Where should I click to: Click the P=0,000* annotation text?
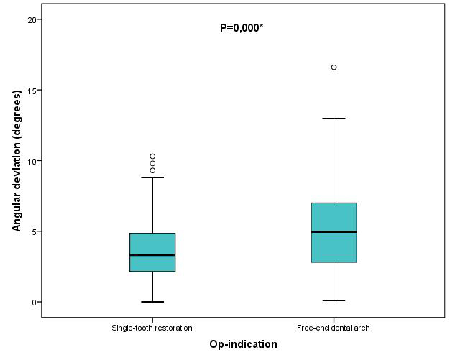tap(242, 28)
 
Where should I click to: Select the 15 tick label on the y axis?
tap(31, 90)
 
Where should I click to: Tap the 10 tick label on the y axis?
tap(31, 160)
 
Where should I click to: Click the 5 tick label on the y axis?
tap(34, 231)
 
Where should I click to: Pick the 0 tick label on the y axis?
tap(34, 302)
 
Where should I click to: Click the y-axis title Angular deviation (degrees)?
tap(17, 160)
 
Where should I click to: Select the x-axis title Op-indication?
tap(243, 344)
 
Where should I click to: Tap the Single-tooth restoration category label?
tap(152, 328)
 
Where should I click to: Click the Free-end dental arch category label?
tap(334, 328)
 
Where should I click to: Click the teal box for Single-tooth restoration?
tap(152, 244)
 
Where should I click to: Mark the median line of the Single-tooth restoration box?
tap(152, 255)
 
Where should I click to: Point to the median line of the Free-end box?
tap(334, 231)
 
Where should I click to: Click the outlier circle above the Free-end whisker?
tap(334, 68)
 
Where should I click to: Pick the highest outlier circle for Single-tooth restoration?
tap(152, 156)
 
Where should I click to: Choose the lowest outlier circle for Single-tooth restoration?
tap(152, 170)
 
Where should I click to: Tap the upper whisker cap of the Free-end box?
tap(334, 118)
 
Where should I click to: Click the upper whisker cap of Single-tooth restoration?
tap(152, 177)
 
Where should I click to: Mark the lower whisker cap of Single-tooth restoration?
tap(152, 302)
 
